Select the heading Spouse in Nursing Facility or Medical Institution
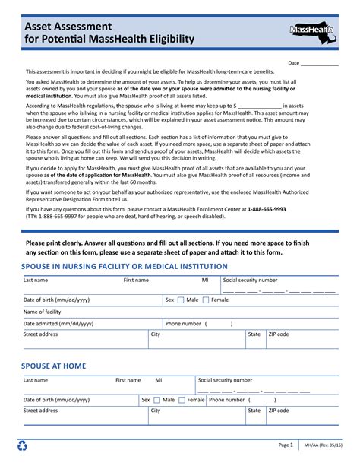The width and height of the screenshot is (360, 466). coord(125,267)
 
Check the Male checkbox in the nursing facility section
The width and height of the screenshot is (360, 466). coord(181,300)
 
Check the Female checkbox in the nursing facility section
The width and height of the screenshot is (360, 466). coord(206,300)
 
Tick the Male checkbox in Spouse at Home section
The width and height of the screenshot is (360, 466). coord(156,400)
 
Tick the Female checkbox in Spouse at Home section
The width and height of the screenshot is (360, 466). coord(182,400)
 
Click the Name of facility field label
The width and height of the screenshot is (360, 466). coord(43,312)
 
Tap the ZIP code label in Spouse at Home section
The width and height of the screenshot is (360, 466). coord(278,411)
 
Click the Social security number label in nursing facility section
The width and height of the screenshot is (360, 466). coord(251,281)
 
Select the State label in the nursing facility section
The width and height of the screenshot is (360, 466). coord(254,334)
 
